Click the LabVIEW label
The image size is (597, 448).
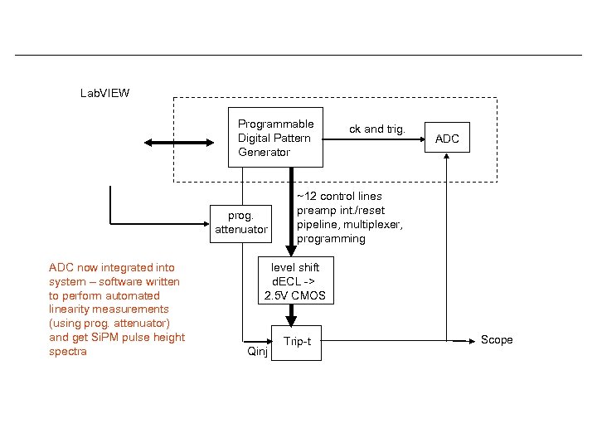point(104,93)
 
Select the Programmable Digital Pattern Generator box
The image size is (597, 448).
point(276,138)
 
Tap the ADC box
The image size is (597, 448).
point(447,139)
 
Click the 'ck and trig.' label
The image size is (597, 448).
point(376,129)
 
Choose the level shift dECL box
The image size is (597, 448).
point(294,281)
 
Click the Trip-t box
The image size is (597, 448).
point(297,342)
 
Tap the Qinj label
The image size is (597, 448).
point(257,351)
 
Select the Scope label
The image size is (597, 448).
point(497,340)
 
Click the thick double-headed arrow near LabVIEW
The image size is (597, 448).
point(178,143)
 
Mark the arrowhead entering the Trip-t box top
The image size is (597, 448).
point(291,320)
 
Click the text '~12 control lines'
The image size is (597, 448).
point(340,197)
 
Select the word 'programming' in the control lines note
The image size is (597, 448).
point(331,239)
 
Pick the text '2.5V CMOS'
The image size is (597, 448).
point(294,295)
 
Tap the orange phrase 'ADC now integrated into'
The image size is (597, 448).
point(112,267)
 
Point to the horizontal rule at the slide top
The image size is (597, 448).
point(298,56)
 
